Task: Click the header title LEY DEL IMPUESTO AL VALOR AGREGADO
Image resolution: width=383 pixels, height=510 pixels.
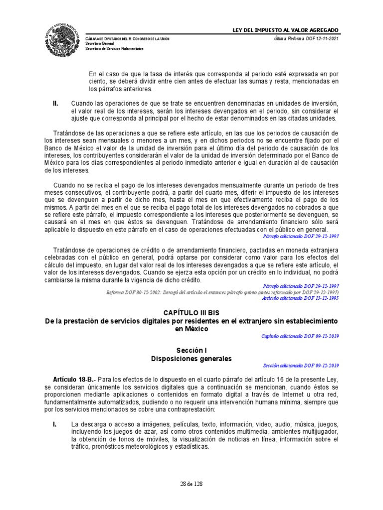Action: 286,31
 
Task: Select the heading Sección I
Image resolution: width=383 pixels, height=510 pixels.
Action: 191,351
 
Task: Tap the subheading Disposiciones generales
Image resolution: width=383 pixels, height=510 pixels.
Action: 191,358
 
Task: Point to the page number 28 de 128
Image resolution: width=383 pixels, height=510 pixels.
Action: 191,484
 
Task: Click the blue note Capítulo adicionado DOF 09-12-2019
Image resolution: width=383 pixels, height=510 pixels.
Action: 300,336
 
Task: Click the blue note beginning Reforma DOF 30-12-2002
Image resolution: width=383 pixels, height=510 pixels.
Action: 222,292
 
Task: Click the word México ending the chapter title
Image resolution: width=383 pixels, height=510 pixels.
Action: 191,329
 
